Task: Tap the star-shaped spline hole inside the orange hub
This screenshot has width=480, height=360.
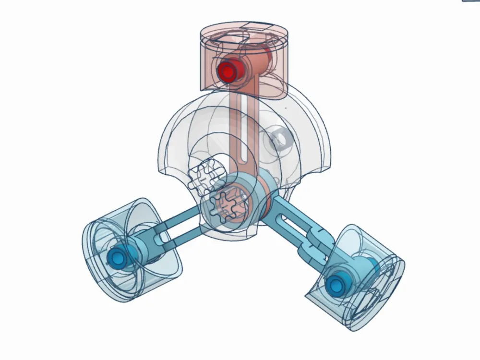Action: coord(225,205)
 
